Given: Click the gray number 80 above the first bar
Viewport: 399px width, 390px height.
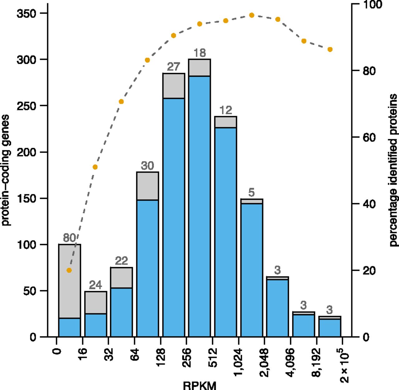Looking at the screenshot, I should (69, 238).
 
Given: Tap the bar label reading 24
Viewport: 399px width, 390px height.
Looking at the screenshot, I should (95, 285).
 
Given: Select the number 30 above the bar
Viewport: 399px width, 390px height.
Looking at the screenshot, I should (147, 165).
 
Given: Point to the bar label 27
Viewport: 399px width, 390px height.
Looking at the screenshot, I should (173, 67).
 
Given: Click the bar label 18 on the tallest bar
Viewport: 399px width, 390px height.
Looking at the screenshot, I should (199, 53).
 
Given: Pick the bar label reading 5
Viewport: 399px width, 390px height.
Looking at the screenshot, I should (252, 192).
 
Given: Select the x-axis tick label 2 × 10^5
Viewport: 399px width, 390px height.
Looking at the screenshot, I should (344, 365).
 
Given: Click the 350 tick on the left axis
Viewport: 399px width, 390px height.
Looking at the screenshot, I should (27, 13).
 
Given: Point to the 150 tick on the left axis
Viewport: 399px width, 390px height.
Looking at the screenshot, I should (27, 198).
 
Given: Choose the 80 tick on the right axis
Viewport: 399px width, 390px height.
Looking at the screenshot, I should (369, 71).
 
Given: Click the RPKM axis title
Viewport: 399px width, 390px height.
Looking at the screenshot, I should (199, 385).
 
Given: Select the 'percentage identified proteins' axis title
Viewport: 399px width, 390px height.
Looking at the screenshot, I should (393, 170).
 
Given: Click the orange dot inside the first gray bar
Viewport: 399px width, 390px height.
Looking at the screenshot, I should (69, 270).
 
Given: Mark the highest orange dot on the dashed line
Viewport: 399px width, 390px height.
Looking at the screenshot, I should (252, 15).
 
